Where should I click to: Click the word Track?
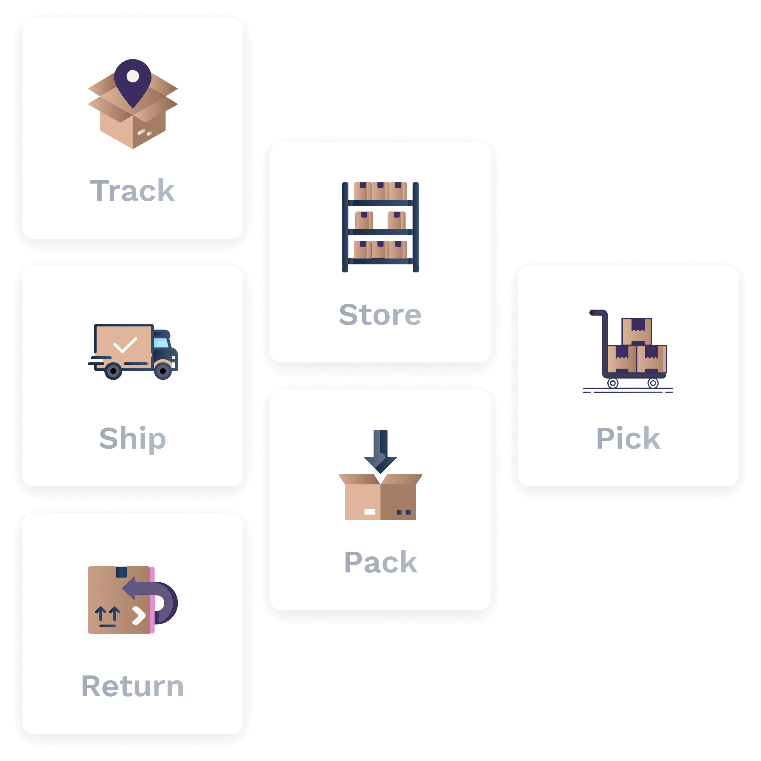[x=132, y=191]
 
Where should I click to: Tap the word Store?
[x=380, y=315]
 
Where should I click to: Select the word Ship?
[x=132, y=440]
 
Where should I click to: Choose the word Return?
[x=132, y=686]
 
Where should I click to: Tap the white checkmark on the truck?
[x=125, y=345]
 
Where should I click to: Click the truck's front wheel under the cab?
[x=163, y=371]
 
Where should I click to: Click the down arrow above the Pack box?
[x=380, y=452]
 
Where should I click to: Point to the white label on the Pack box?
[x=370, y=512]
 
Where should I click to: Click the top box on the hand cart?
[x=637, y=332]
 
